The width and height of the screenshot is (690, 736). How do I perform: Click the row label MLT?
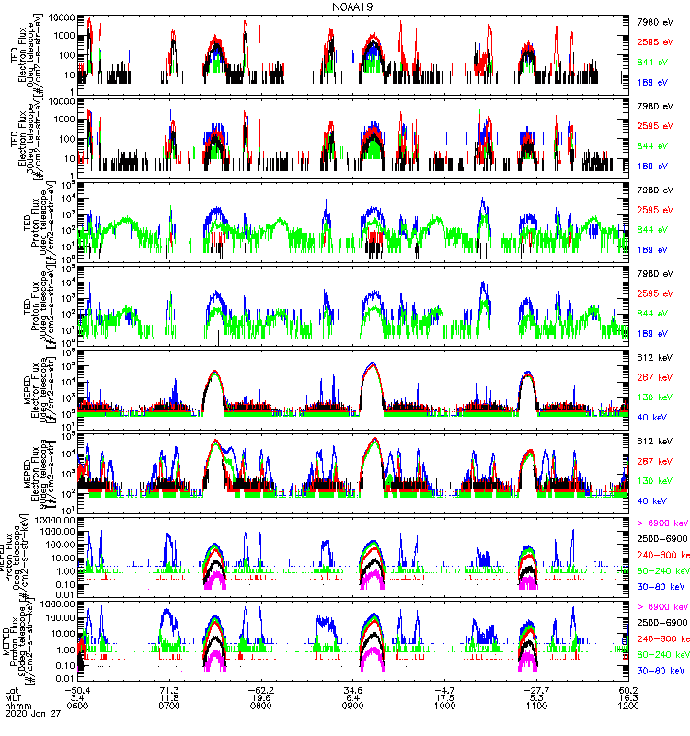(x=12, y=698)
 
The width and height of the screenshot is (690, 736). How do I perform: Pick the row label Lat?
(x=11, y=689)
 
